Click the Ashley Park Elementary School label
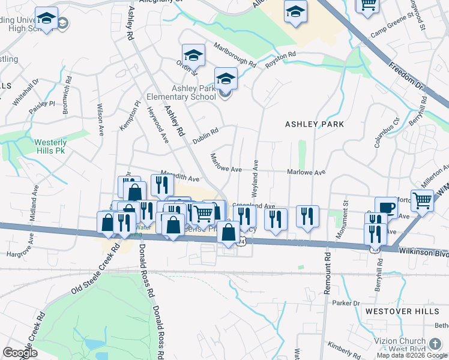pyautogui.click(x=194, y=92)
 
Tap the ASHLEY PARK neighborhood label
pyautogui.click(x=315, y=124)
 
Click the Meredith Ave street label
pyautogui.click(x=179, y=178)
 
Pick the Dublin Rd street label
pyautogui.click(x=205, y=135)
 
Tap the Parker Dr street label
pyautogui.click(x=347, y=304)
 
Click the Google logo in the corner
pyautogui.click(x=20, y=353)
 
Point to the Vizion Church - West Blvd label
pyautogui.click(x=411, y=345)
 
